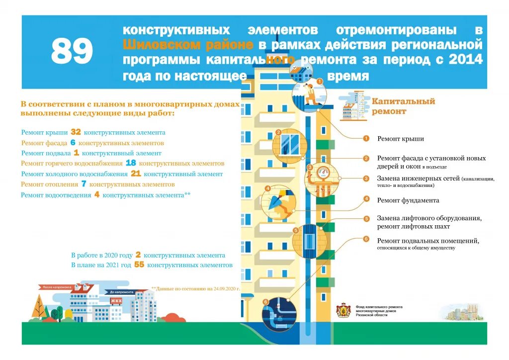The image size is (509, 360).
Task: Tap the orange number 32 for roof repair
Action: pyautogui.click(x=76, y=132)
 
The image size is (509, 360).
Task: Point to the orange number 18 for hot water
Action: pyautogui.click(x=131, y=163)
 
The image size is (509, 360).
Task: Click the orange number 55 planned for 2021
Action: pyautogui.click(x=139, y=265)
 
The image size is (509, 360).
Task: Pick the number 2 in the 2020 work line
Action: pyautogui.click(x=138, y=255)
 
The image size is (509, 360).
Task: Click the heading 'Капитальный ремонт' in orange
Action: pyautogui.click(x=403, y=106)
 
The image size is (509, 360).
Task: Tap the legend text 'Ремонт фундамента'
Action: pyautogui.click(x=408, y=200)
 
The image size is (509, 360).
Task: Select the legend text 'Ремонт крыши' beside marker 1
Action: pyautogui.click(x=400, y=139)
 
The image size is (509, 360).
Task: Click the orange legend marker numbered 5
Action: pyautogui.click(x=366, y=219)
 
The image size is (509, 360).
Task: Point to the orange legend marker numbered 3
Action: pyautogui.click(x=366, y=179)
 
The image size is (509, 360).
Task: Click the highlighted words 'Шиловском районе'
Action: pyautogui.click(x=188, y=45)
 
